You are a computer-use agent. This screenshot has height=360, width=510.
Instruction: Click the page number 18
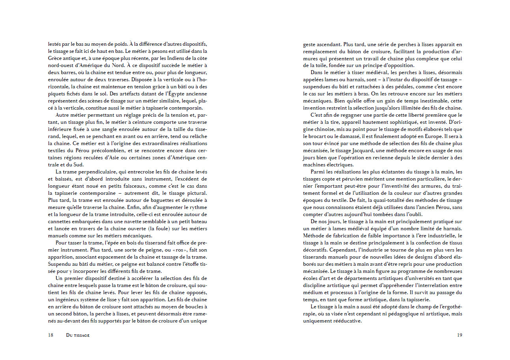click(x=51, y=335)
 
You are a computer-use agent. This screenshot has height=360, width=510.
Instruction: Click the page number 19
click(x=459, y=335)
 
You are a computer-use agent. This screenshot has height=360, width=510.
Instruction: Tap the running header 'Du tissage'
click(x=78, y=335)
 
